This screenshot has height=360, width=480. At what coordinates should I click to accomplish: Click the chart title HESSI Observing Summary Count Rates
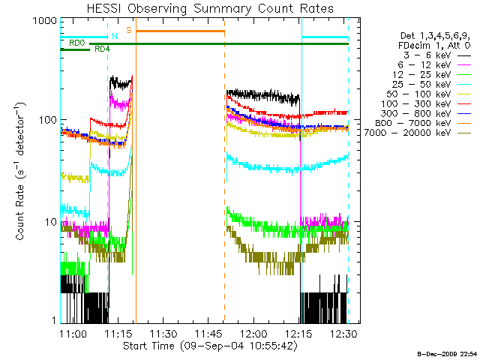coord(210,8)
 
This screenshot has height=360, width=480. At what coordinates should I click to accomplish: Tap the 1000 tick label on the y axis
coord(45,21)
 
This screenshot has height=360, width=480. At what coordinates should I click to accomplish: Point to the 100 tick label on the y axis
coord(48,120)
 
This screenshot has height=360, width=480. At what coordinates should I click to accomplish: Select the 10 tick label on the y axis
coord(51,222)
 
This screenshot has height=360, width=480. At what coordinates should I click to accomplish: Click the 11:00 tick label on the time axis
coord(73,333)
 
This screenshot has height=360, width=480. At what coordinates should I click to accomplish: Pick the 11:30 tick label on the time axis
coord(163,333)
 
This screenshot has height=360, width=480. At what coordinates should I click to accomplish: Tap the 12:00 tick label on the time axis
coord(253,333)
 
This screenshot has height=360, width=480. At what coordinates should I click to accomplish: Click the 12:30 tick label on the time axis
coord(343,333)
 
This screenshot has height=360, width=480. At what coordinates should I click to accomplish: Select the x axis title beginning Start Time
coord(210,346)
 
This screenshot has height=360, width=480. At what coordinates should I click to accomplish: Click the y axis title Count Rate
coord(20,171)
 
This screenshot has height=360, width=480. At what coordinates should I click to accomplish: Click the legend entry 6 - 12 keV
coord(424,65)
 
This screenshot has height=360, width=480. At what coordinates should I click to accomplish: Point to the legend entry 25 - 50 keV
coord(421,84)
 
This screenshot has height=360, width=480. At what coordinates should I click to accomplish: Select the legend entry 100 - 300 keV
coord(415,103)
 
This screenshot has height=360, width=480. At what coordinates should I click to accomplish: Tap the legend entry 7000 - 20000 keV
coord(407,133)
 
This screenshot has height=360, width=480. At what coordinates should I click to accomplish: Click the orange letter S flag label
coord(129,30)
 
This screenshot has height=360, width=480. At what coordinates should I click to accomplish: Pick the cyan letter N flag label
coord(115,36)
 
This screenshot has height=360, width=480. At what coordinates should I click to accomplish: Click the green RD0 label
coord(76,43)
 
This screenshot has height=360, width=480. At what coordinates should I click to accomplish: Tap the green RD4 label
coord(102,49)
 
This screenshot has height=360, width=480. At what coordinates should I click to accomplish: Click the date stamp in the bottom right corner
coord(447,354)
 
